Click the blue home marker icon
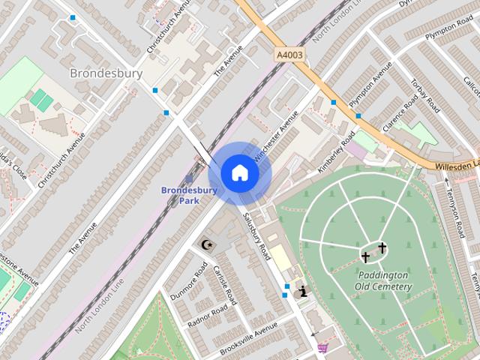pos(239,173)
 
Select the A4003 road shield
pos(290,55)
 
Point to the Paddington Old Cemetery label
pos(382,280)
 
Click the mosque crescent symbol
pos(205,244)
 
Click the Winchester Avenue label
pos(276,134)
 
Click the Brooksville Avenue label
pos(248,338)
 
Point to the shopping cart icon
pos(322,347)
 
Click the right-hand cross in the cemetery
pos(382,247)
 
